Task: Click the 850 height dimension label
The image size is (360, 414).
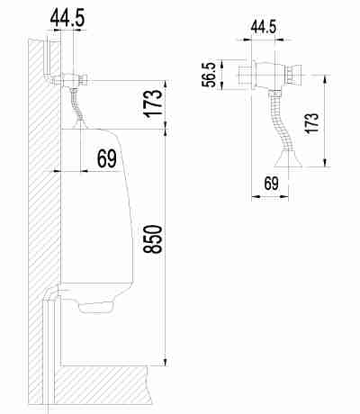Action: pyautogui.click(x=153, y=239)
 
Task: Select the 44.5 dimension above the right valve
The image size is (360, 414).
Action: pyautogui.click(x=263, y=27)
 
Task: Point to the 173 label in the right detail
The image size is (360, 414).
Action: pyautogui.click(x=310, y=123)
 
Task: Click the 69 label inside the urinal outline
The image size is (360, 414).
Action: pyautogui.click(x=106, y=158)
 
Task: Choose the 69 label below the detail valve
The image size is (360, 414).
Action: pyautogui.click(x=272, y=184)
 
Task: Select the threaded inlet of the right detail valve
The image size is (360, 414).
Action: pyautogui.click(x=245, y=75)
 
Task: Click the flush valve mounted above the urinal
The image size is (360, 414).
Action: pyautogui.click(x=74, y=79)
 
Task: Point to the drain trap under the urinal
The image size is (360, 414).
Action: pyautogui.click(x=96, y=307)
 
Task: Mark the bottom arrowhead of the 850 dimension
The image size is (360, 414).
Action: pyautogui.click(x=166, y=362)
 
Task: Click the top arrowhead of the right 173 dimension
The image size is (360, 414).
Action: pyautogui.click(x=325, y=79)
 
